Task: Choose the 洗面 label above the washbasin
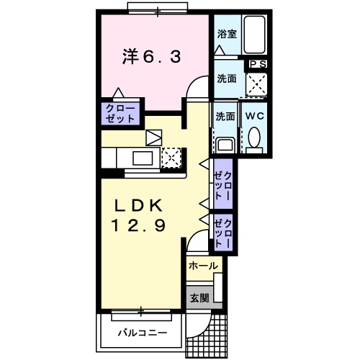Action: (225, 115)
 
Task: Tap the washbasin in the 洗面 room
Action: (225, 143)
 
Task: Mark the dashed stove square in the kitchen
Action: (171, 157)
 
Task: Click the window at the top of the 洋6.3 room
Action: (154, 9)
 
